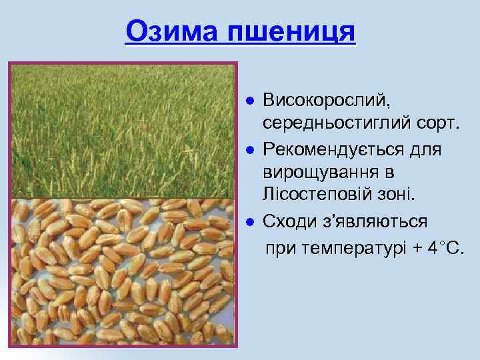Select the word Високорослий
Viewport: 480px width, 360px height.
324,101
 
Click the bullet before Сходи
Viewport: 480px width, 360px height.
248,220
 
